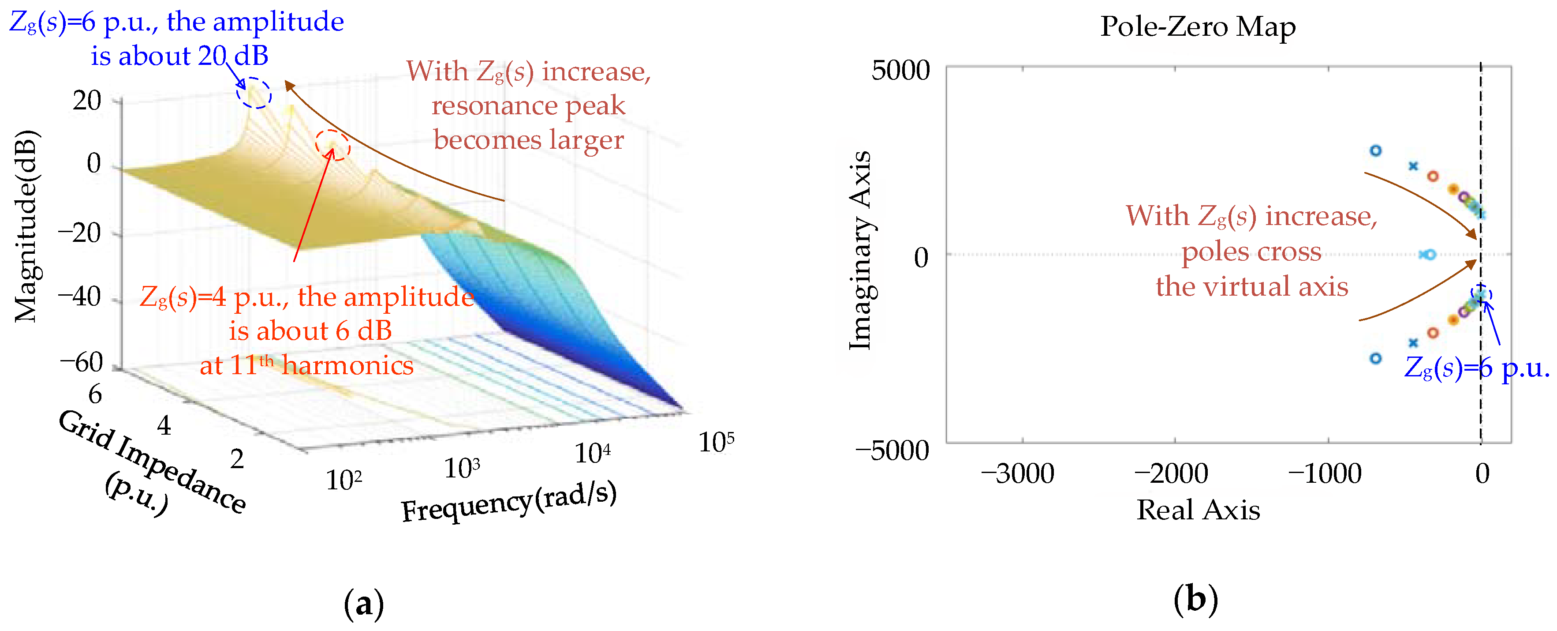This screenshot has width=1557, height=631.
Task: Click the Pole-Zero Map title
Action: click(x=1197, y=26)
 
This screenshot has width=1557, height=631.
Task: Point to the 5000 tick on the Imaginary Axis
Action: click(x=900, y=70)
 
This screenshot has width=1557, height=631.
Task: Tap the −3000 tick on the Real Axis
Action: click(x=1018, y=474)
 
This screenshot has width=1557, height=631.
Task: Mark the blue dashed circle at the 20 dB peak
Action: click(x=254, y=93)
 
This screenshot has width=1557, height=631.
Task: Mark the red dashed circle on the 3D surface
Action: click(x=332, y=145)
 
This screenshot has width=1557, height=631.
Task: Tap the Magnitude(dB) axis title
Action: click(x=26, y=225)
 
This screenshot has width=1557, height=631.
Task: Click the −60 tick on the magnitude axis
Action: click(x=82, y=363)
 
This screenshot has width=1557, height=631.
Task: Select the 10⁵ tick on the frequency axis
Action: click(x=716, y=442)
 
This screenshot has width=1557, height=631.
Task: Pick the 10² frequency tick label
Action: click(x=344, y=481)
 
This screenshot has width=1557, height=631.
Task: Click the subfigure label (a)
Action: click(x=364, y=604)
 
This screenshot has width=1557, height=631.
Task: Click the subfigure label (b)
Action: click(x=1195, y=600)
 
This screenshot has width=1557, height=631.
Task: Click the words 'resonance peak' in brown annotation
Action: click(x=528, y=106)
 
